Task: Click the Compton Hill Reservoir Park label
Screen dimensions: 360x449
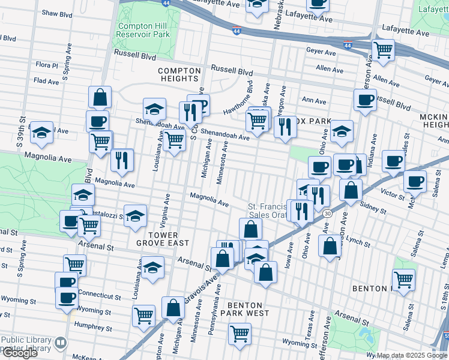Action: point(144,30)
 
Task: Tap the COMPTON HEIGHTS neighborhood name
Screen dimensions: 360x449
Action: point(178,74)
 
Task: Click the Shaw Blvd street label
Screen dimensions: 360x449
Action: point(57,13)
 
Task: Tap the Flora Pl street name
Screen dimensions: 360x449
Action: point(46,65)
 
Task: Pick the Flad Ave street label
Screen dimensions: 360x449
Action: point(46,80)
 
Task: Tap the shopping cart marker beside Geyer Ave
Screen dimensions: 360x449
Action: point(382,49)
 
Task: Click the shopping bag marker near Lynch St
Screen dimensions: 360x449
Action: point(330,246)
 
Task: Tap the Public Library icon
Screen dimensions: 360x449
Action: point(60,343)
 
